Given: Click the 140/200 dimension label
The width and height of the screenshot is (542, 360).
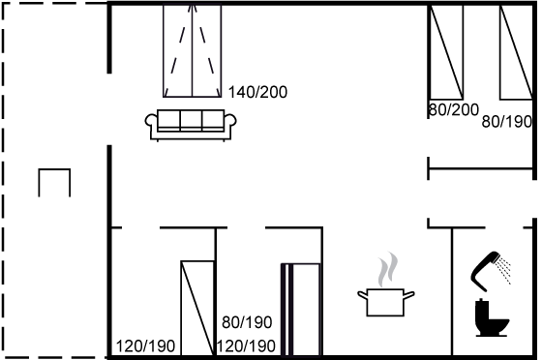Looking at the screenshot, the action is pyautogui.click(x=257, y=92).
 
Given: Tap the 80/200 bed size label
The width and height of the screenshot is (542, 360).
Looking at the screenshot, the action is pyautogui.click(x=454, y=110).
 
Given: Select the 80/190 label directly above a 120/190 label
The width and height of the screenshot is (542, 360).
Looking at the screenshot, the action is pyautogui.click(x=247, y=322).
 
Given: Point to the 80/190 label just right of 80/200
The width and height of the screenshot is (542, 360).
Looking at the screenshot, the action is pyautogui.click(x=507, y=122).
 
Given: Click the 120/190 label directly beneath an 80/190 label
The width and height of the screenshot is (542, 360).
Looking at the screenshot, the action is pyautogui.click(x=246, y=345).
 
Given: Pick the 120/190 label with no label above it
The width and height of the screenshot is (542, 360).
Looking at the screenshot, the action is pyautogui.click(x=145, y=346).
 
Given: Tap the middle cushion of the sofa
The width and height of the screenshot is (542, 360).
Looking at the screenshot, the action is pyautogui.click(x=191, y=119).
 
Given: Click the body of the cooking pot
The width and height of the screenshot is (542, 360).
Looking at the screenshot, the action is pyautogui.click(x=385, y=302).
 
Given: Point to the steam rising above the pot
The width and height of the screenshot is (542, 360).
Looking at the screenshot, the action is pyautogui.click(x=388, y=269).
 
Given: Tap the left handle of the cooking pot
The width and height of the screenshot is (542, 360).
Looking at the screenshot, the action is pyautogui.click(x=362, y=295).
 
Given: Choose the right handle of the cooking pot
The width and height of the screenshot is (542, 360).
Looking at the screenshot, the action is pyautogui.click(x=408, y=295).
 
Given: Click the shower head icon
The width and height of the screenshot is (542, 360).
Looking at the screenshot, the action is pyautogui.click(x=482, y=271).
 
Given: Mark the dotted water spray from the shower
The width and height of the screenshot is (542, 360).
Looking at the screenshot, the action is pyautogui.click(x=504, y=270).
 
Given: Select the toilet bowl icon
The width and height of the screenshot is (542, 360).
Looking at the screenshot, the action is pyautogui.click(x=491, y=318).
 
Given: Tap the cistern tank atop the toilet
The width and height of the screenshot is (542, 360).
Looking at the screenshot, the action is pyautogui.click(x=481, y=310).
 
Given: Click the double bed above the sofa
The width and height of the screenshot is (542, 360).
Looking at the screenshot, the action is pyautogui.click(x=193, y=51).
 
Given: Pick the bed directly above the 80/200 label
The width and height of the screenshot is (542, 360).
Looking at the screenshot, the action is pyautogui.click(x=446, y=52).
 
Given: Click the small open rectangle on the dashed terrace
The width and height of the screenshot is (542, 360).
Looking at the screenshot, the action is pyautogui.click(x=54, y=169).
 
